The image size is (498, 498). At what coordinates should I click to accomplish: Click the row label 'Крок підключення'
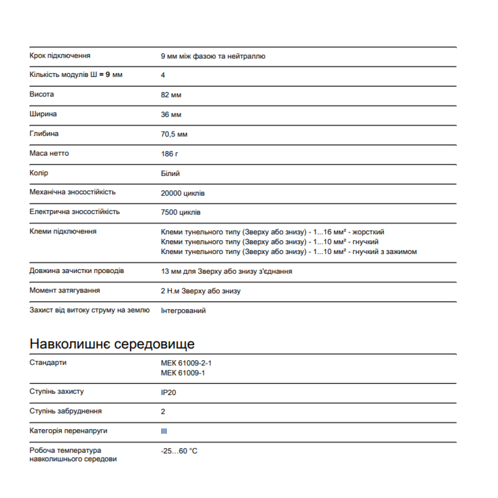tap(60, 56)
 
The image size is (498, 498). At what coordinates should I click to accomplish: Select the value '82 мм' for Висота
tap(171, 95)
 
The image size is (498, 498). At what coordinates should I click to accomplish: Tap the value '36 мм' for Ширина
tap(171, 115)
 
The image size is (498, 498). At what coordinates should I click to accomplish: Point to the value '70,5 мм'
tap(174, 134)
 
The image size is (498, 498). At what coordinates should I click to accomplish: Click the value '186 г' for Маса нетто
tap(169, 154)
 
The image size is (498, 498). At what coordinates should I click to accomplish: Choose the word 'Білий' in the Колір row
tap(170, 173)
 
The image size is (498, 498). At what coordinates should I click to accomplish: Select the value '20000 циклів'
tap(183, 193)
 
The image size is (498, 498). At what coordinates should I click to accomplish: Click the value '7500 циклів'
tap(181, 212)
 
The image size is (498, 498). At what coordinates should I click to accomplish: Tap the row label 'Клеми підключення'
tap(63, 231)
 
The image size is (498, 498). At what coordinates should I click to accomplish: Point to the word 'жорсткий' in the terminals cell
tap(368, 232)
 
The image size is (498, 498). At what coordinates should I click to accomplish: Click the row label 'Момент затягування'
tap(65, 290)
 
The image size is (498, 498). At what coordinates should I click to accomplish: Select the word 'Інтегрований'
tap(183, 310)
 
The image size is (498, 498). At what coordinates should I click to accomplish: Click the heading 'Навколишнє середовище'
tap(112, 344)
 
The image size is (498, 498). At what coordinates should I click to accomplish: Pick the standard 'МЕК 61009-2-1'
tap(186, 363)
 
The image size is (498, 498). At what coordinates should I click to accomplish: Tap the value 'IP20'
tap(168, 392)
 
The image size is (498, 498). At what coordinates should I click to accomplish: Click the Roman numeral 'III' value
tap(164, 431)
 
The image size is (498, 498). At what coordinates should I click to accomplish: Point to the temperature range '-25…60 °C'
tap(179, 451)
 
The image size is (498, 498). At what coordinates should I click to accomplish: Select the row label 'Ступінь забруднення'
tap(66, 411)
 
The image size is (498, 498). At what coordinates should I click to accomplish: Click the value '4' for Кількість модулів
tap(163, 75)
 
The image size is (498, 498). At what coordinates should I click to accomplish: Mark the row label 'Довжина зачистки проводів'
tap(77, 271)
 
